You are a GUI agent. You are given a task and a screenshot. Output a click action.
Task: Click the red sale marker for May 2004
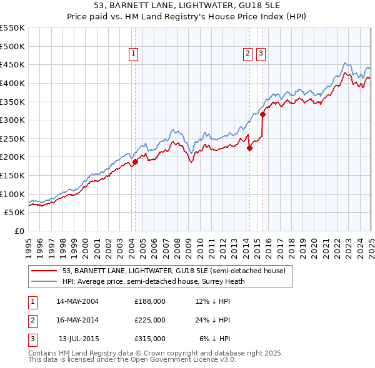tap(135, 162)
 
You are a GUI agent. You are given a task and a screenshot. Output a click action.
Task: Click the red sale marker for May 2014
tap(249, 148)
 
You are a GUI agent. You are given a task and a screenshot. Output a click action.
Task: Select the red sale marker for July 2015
tap(262, 114)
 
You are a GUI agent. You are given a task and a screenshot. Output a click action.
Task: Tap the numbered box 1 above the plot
tap(134, 54)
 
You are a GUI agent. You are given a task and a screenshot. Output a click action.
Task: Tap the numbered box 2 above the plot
tap(248, 54)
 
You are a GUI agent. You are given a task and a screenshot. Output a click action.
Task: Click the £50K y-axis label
tap(15, 213)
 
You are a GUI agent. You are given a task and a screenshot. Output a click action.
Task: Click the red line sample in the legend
tap(45, 271)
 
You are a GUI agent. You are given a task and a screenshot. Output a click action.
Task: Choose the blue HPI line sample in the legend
tap(45, 281)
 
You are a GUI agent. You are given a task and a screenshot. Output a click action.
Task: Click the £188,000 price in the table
tap(150, 301)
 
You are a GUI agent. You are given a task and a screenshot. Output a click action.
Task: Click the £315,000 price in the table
tap(150, 339)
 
